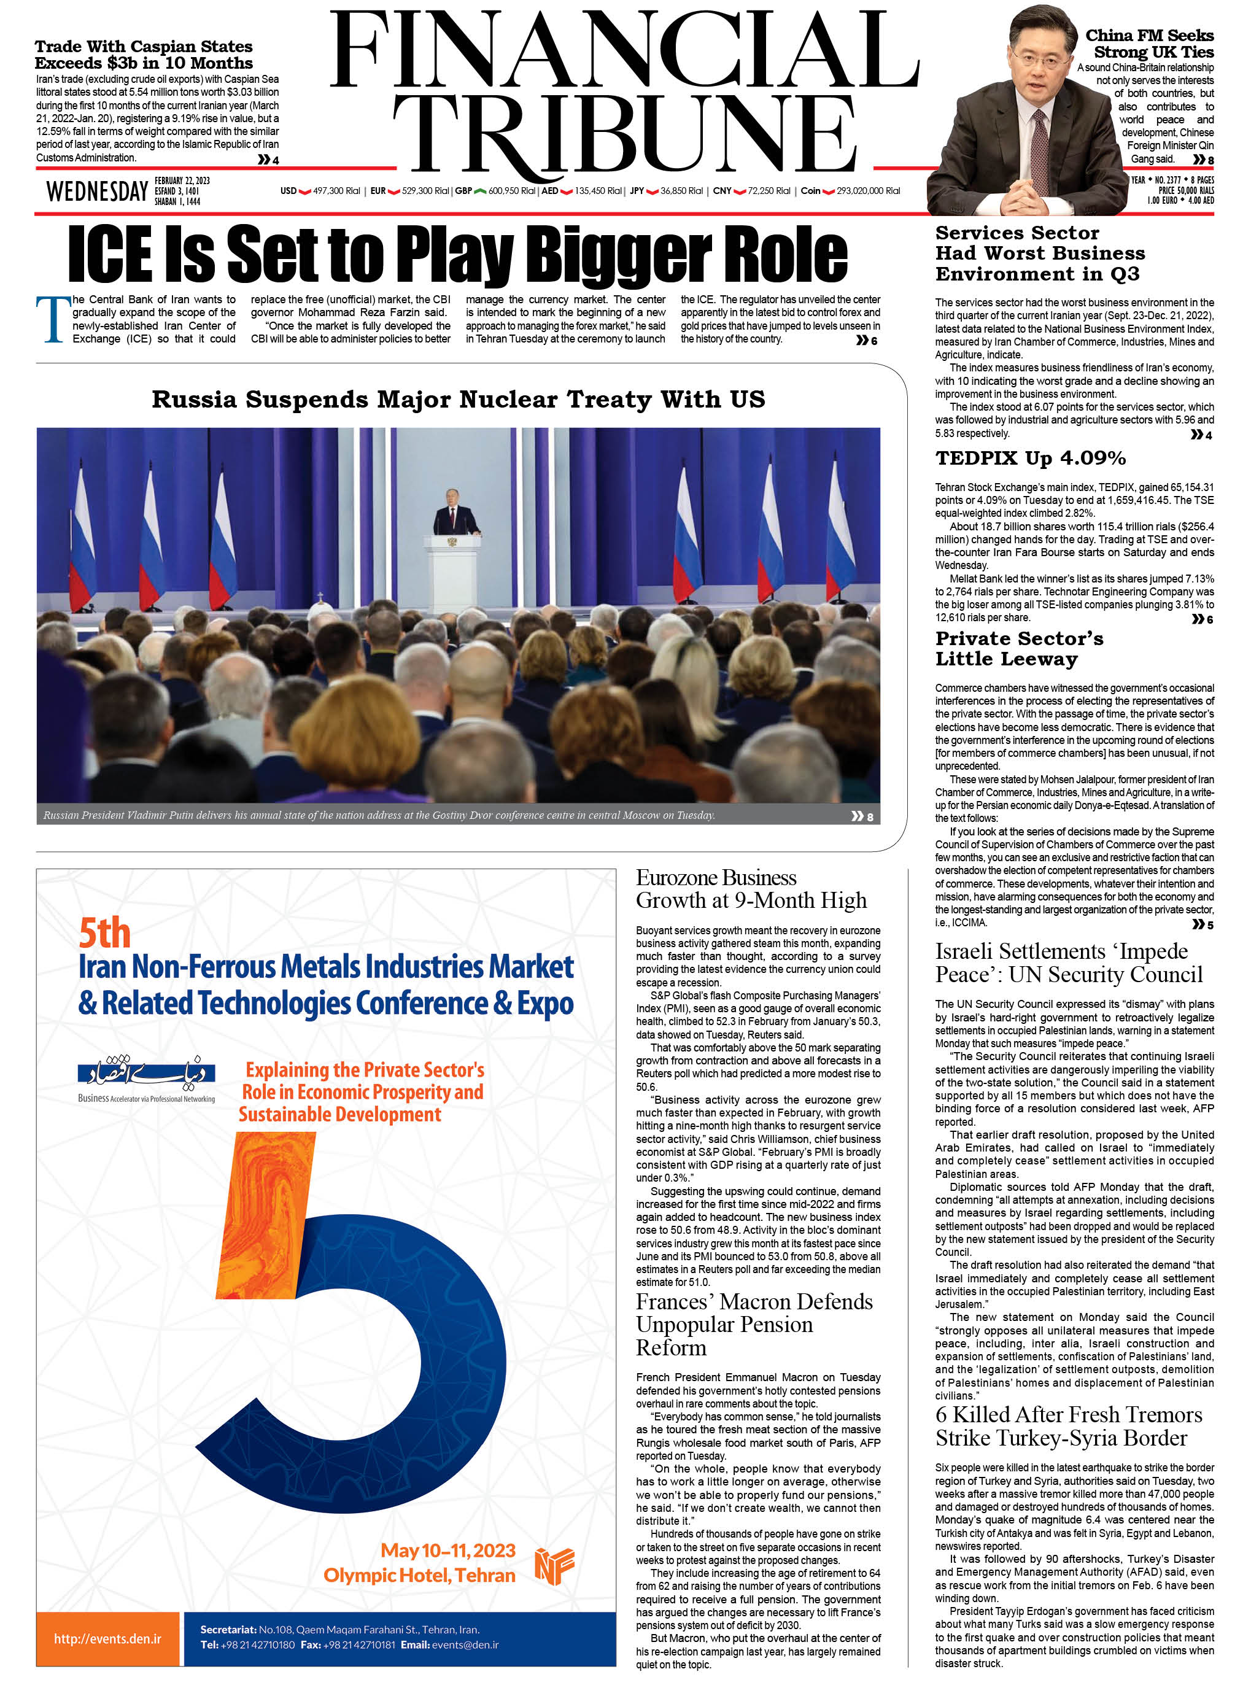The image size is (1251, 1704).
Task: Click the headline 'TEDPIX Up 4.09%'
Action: [1030, 458]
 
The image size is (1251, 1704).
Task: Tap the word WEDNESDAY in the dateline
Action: [97, 192]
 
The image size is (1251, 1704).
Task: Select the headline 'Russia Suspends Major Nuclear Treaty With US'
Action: [458, 399]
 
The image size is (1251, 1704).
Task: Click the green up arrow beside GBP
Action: [479, 191]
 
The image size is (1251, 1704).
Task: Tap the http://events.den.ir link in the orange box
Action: [107, 1638]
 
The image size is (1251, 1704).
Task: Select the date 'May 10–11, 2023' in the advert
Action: [447, 1551]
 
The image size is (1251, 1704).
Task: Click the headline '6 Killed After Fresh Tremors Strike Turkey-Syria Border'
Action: [1067, 1426]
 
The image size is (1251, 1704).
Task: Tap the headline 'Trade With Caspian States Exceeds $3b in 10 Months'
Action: [144, 55]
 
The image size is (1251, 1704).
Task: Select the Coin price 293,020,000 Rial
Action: [868, 191]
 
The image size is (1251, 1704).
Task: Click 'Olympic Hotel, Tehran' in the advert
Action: [419, 1575]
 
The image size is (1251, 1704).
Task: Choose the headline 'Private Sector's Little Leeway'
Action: [1018, 648]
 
